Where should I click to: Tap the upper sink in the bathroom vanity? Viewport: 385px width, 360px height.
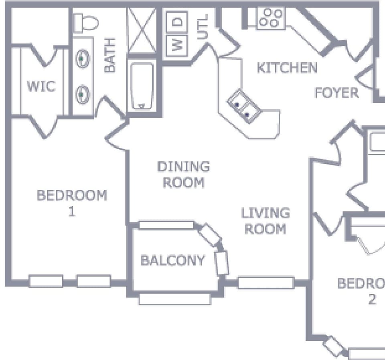click(83, 59)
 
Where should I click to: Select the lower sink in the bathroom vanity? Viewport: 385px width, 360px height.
click(83, 95)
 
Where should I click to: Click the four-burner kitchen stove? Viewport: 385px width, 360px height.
click(271, 18)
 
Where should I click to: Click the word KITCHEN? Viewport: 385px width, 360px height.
click(287, 68)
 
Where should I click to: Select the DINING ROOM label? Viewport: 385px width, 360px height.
click(183, 175)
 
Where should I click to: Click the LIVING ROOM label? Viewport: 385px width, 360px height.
click(265, 221)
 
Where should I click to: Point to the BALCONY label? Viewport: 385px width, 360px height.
click(172, 260)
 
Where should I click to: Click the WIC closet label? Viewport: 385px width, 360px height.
click(41, 86)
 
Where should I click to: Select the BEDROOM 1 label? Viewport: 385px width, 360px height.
click(72, 203)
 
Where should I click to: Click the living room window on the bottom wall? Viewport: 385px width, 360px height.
click(265, 283)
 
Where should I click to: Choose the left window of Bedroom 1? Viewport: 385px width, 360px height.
click(46, 281)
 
